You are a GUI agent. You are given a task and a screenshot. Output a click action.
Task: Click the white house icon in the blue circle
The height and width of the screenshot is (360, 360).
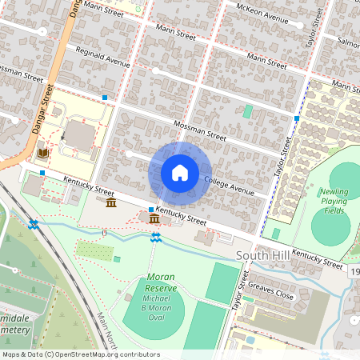click(x=180, y=173)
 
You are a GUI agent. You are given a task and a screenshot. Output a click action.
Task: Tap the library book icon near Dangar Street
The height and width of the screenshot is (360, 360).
click(x=42, y=153)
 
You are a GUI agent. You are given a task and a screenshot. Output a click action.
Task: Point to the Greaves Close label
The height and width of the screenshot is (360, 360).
click(x=273, y=290)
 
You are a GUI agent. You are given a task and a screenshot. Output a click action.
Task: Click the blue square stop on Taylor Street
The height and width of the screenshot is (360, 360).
click(x=296, y=118)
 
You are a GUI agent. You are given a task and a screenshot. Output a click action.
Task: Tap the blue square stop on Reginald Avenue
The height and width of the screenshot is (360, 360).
click(x=105, y=98)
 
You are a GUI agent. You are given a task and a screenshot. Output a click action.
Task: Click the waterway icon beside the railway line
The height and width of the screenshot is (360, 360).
click(x=33, y=225)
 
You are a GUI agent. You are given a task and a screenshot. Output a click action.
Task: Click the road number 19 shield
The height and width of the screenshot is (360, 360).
click(x=354, y=274)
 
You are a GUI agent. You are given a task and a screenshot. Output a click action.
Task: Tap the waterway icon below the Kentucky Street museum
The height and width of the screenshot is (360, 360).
click(x=155, y=237)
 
